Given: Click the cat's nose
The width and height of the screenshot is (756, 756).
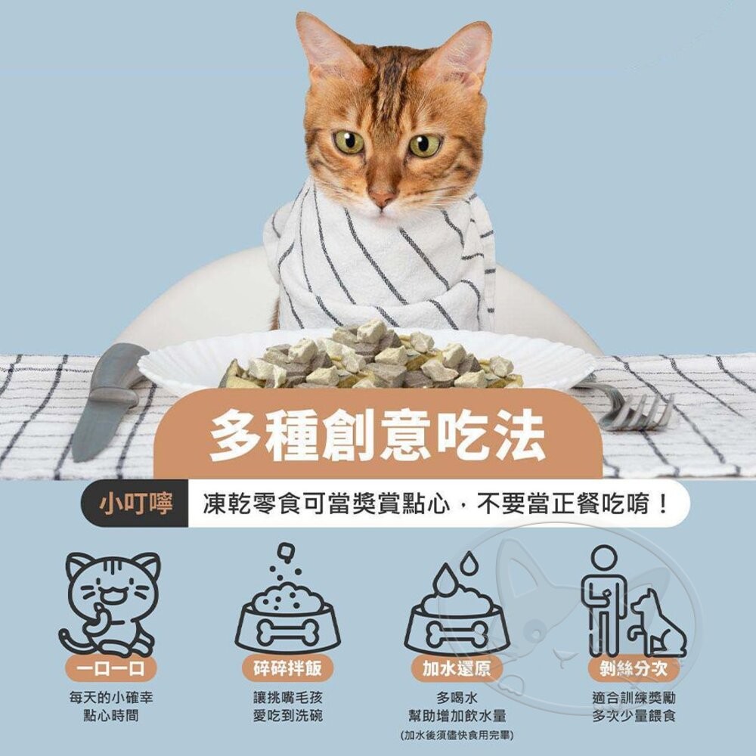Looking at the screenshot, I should pyautogui.click(x=383, y=195).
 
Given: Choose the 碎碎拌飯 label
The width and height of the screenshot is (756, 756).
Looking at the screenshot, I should pyautogui.click(x=287, y=668).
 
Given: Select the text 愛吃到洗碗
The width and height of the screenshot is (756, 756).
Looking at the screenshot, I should pyautogui.click(x=287, y=715).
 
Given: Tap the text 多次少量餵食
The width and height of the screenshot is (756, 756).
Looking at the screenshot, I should pyautogui.click(x=634, y=715).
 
